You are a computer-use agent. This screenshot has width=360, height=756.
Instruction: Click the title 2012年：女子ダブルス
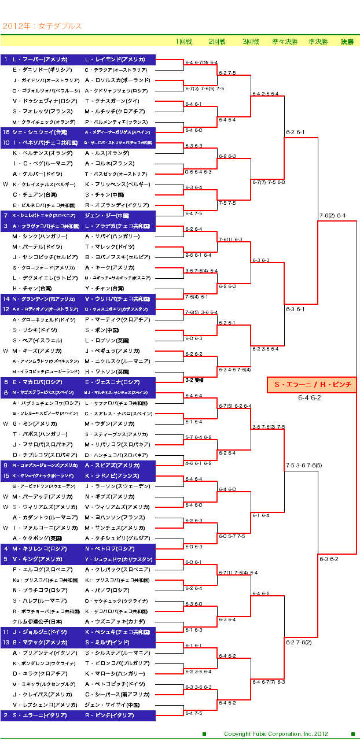pyautogui.click(x=42, y=26)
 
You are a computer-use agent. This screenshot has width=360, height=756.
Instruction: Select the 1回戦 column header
pyautogui.click(x=183, y=42)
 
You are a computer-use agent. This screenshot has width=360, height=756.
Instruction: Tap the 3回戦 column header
pyautogui.click(x=251, y=42)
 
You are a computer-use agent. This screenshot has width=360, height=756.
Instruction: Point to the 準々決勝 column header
pyautogui.click(x=284, y=42)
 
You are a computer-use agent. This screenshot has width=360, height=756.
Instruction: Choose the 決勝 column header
pyautogui.click(x=347, y=42)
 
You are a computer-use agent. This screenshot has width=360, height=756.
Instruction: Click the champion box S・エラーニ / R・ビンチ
pyautogui.click(x=311, y=385)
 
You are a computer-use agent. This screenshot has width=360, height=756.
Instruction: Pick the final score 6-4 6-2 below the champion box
pyautogui.click(x=310, y=397)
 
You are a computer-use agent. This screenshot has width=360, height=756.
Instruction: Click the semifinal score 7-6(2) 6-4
pyautogui.click(x=332, y=216)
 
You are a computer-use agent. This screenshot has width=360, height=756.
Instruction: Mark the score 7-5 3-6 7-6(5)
pyautogui.click(x=303, y=465)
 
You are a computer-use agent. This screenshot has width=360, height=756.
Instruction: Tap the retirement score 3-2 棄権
pyautogui.click(x=193, y=380)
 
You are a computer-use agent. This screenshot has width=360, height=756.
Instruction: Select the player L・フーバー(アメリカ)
pyautogui.click(x=40, y=60)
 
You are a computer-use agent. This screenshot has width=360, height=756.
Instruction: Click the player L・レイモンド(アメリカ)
pyautogui.click(x=115, y=60)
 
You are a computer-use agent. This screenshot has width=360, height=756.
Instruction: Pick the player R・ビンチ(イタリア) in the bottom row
pyautogui.click(x=109, y=715)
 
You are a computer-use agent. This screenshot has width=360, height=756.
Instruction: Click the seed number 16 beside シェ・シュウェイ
pyautogui.click(x=6, y=132)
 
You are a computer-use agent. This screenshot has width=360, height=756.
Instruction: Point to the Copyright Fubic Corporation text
pyautogui.click(x=275, y=734)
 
